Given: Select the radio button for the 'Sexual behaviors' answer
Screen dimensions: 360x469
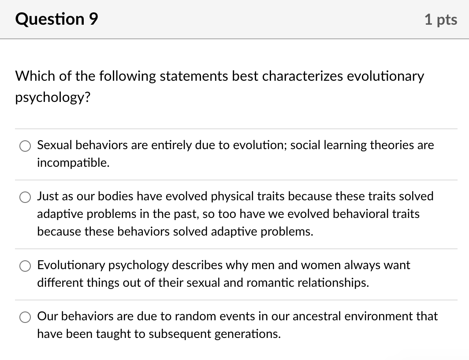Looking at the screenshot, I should tap(25, 146).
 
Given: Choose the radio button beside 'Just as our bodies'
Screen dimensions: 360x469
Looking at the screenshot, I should tap(25, 197).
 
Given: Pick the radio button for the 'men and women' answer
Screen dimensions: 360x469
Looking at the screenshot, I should tap(25, 266).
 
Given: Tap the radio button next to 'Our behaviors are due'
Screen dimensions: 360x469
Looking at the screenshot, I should tap(25, 317).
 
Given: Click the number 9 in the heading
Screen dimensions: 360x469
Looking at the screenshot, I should tap(93, 19).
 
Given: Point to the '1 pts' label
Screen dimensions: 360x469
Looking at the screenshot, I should tap(441, 19).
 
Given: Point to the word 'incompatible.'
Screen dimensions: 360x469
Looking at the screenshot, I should tap(73, 163).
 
